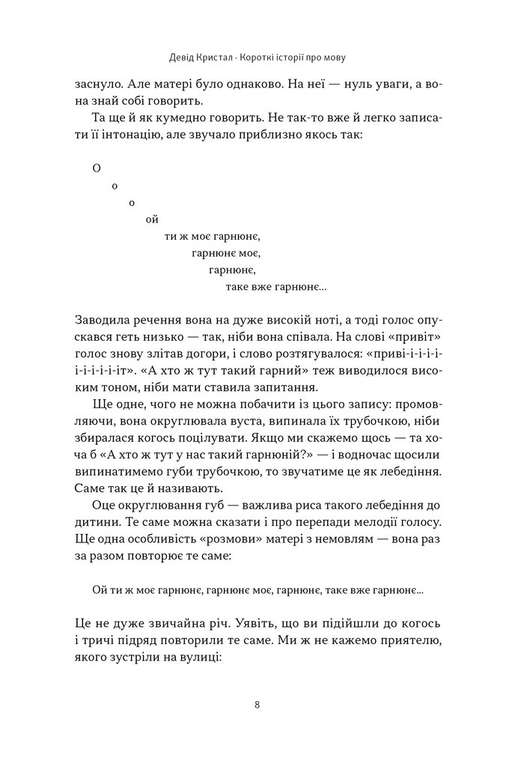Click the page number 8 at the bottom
(x=258, y=704)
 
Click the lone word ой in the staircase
(x=153, y=219)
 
